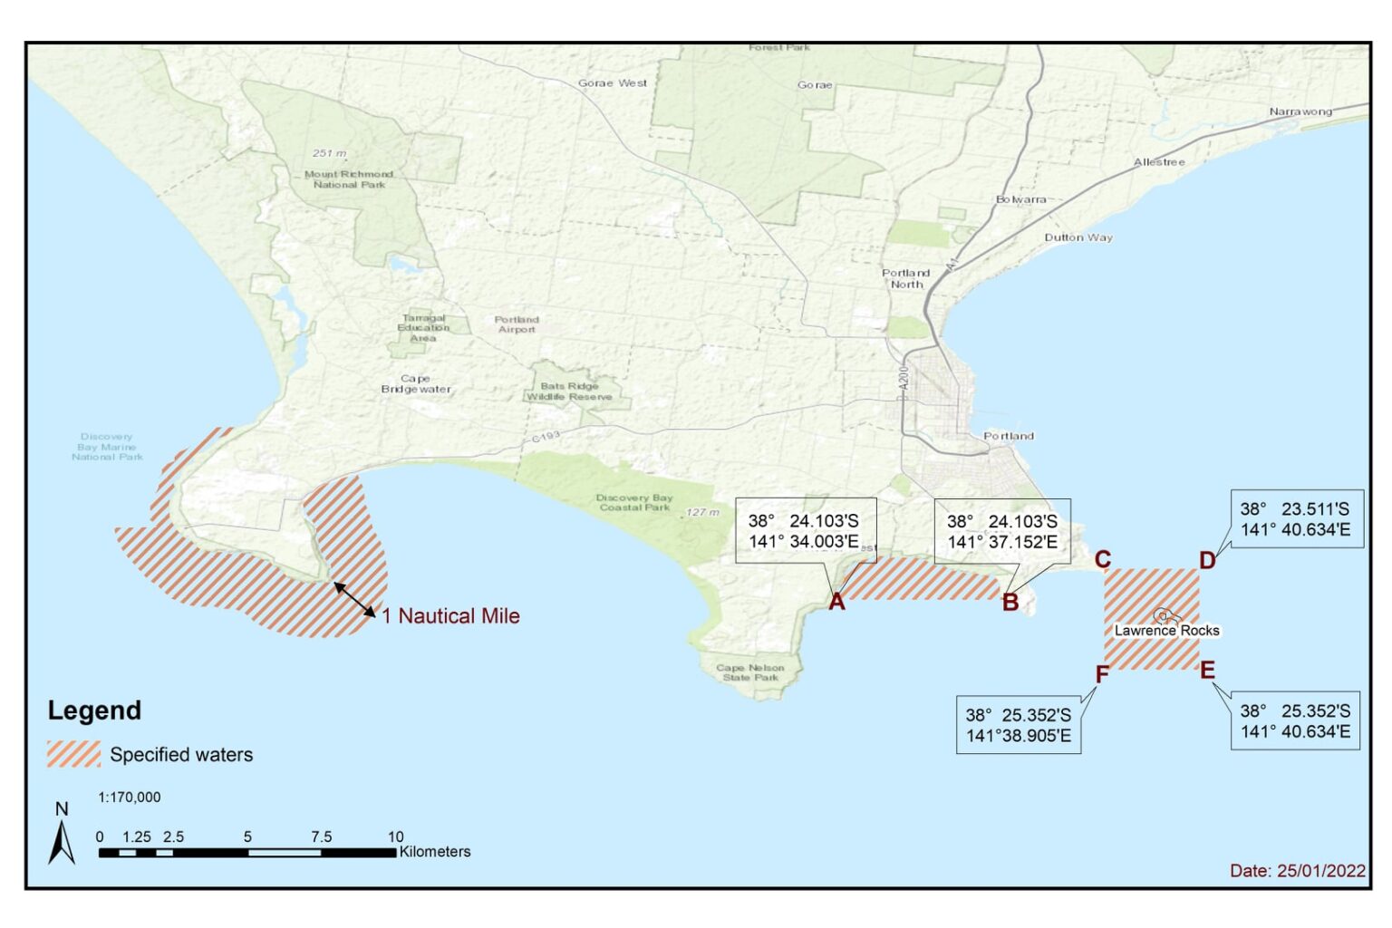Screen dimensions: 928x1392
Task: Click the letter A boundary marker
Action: pos(836,602)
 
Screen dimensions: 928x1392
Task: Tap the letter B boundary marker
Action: pos(1010,603)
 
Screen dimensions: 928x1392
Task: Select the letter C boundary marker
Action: pos(1102,559)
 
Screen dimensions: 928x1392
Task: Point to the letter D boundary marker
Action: pos(1207,560)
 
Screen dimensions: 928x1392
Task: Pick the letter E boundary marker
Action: pos(1207,671)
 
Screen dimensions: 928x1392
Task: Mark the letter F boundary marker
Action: pos(1102,674)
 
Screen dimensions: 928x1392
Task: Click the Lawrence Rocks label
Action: pos(1166,630)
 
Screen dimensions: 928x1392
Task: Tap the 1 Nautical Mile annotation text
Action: pos(450,616)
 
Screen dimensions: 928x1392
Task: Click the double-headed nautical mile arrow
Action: pos(355,600)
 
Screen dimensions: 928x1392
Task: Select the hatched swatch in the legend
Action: pos(73,754)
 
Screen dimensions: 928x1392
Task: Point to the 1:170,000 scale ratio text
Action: pos(129,797)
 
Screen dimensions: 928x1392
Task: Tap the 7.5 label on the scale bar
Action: pos(321,836)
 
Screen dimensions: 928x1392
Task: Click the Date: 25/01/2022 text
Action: pos(1297,870)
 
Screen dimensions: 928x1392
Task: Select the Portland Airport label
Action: pos(517,324)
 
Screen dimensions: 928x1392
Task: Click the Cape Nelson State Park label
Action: pos(749,672)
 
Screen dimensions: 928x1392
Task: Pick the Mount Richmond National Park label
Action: pos(349,179)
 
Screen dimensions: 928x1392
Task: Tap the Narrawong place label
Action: pos(1300,111)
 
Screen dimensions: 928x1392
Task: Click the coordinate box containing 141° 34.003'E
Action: pos(805,531)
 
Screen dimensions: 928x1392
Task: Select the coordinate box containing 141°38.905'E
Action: pos(1018,725)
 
